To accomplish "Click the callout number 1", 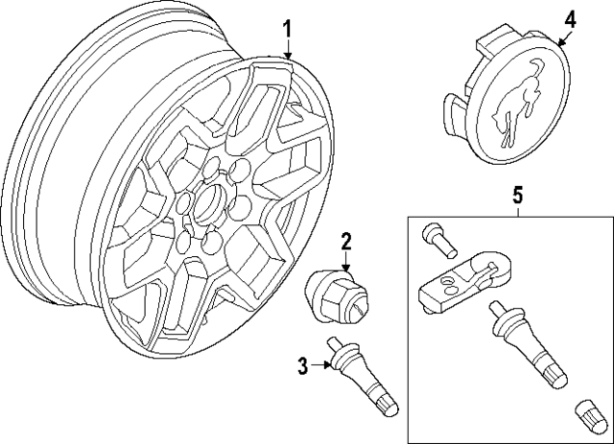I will (287, 31).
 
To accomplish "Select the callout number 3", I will (303, 364).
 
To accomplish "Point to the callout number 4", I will (569, 18).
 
